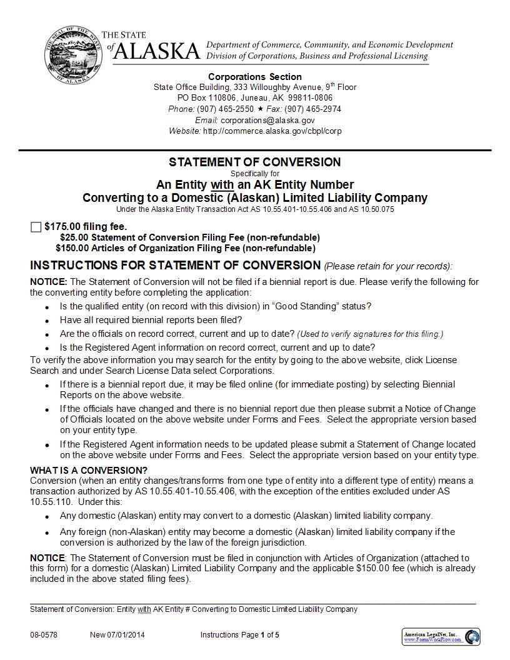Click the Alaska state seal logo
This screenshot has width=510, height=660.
point(71,55)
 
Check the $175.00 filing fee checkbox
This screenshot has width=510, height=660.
point(36,227)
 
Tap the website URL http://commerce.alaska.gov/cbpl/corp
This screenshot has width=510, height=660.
point(272,131)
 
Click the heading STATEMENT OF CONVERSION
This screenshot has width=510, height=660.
point(255,162)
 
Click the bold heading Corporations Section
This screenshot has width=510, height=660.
point(255,77)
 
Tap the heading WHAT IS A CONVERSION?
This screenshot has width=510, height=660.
point(89,471)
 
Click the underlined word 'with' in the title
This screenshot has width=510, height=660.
point(222,185)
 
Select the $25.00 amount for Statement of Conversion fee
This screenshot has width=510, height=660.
point(74,237)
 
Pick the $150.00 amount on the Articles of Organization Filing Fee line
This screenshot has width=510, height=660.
point(72,248)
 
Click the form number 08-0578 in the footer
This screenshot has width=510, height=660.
point(44,635)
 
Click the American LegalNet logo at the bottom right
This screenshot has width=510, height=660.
point(441,637)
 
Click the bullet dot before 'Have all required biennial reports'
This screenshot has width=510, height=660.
point(48,321)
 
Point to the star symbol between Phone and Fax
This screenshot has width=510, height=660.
point(260,109)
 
